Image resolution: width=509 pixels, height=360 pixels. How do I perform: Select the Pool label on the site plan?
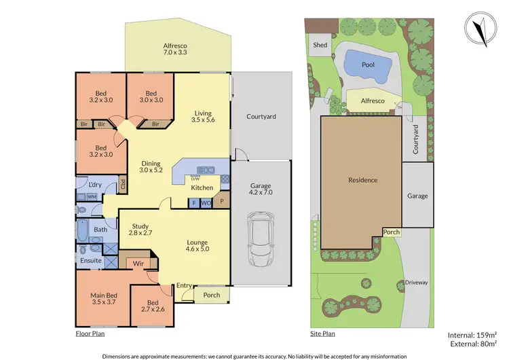click(x=368, y=65)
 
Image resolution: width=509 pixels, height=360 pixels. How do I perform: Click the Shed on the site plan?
click(x=320, y=46)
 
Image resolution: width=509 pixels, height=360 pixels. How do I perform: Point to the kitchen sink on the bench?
click(x=206, y=170)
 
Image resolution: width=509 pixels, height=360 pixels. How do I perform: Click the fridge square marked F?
click(x=193, y=202)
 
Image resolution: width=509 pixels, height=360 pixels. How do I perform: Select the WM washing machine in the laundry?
click(x=92, y=196)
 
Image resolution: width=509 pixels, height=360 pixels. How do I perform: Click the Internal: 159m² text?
click(x=473, y=334)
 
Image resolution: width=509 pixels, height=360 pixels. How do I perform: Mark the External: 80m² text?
click(x=472, y=344)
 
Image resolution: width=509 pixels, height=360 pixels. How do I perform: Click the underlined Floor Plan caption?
click(x=90, y=334)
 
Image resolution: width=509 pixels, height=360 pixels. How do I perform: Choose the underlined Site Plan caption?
click(x=323, y=334)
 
